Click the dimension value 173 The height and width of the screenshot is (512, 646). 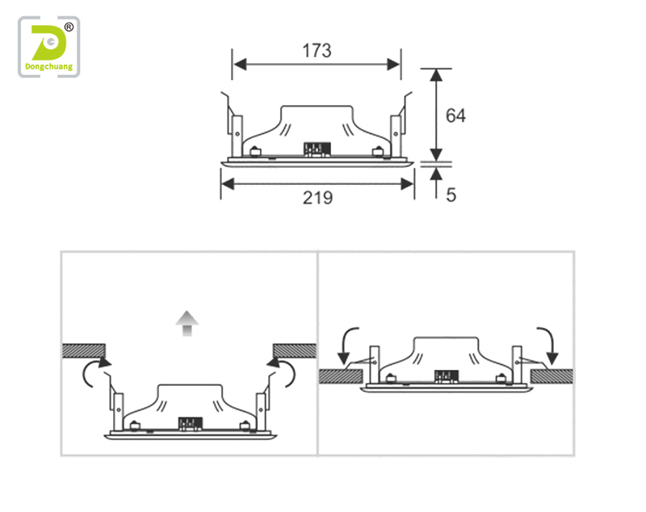click(x=317, y=51)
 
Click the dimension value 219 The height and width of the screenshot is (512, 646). click(x=317, y=198)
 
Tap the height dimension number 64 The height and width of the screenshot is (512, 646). click(x=455, y=115)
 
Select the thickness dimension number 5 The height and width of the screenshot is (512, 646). click(x=451, y=195)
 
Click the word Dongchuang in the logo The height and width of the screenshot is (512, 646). click(x=49, y=67)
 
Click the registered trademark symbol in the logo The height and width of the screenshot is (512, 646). click(x=69, y=27)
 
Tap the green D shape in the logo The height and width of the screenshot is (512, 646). click(x=48, y=43)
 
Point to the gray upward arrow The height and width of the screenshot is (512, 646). click(x=187, y=323)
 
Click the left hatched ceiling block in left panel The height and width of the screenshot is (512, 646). click(x=84, y=350)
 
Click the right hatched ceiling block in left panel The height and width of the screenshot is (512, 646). click(x=295, y=350)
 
